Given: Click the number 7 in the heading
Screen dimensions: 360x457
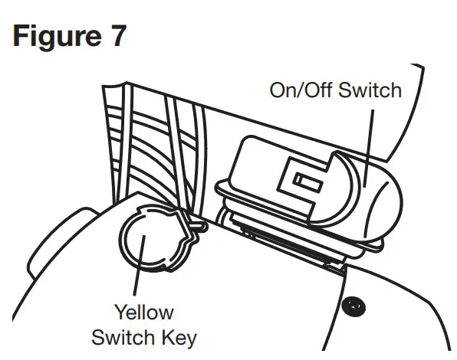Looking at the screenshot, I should click(x=116, y=37).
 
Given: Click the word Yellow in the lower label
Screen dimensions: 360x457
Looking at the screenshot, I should click(x=144, y=313).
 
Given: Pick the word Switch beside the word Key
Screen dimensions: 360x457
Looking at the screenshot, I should click(x=123, y=337).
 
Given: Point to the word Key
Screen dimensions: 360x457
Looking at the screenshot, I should click(x=177, y=338).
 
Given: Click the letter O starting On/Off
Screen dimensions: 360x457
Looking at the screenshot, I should click(x=278, y=90).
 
